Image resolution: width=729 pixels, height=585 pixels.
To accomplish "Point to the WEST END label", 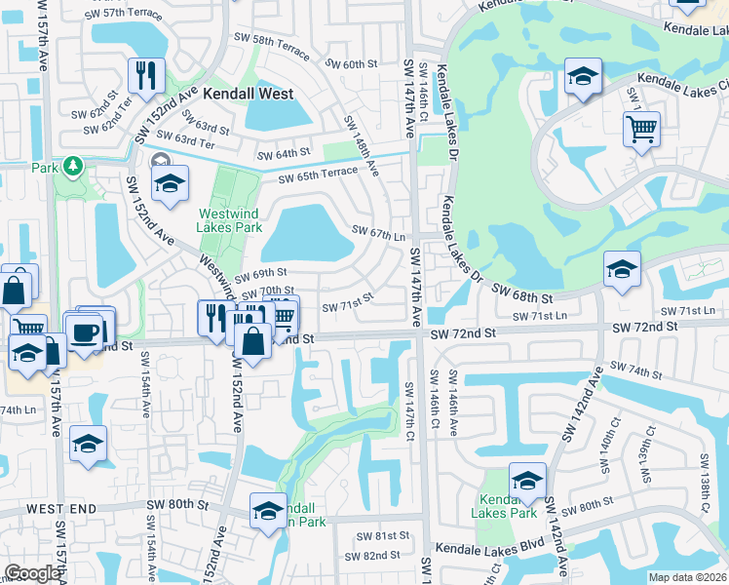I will [x=61, y=509].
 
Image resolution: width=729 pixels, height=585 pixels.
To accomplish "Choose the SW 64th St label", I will [x=283, y=154].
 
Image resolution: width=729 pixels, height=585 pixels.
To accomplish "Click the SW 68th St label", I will [x=522, y=292].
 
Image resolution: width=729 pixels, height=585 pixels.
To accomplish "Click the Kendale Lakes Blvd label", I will [x=481, y=548].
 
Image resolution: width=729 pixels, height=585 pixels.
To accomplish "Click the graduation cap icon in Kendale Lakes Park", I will [x=527, y=479].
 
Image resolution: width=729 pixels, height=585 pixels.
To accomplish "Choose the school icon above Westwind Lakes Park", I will [x=169, y=181].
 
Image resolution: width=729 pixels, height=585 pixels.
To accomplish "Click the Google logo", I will [x=32, y=573].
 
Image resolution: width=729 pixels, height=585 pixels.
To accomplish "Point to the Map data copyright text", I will [x=688, y=577].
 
